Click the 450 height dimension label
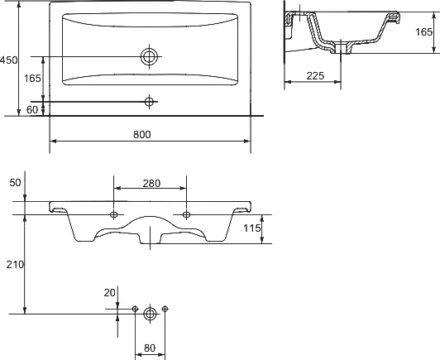(x=9, y=60)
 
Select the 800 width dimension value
(x=142, y=135)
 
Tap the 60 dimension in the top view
(x=32, y=110)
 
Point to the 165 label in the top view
(x=32, y=79)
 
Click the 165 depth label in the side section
(x=423, y=32)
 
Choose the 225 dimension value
(x=315, y=76)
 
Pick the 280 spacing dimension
(x=151, y=184)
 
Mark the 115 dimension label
(x=252, y=228)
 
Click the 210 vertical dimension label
(x=15, y=265)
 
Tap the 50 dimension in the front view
(x=15, y=183)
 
